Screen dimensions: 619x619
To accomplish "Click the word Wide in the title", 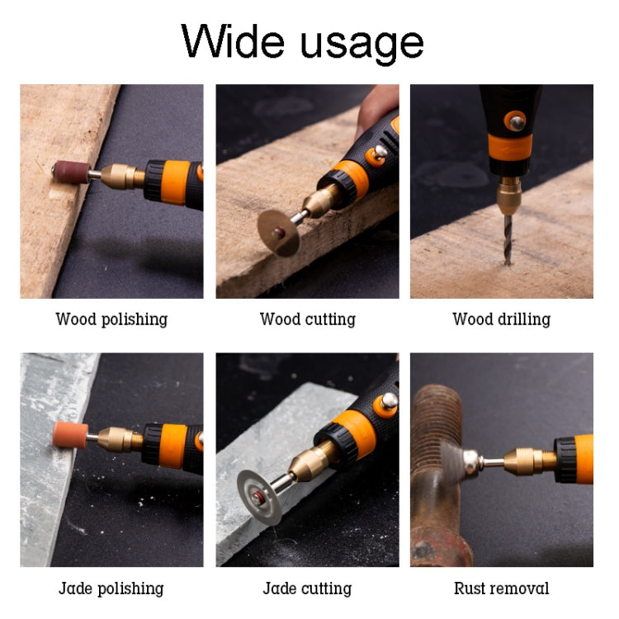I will [234, 40].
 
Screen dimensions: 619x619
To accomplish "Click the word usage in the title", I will [362, 43].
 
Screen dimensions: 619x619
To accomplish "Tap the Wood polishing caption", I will [111, 319].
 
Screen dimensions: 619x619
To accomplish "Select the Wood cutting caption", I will [307, 319].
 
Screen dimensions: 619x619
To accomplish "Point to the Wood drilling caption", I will [501, 319].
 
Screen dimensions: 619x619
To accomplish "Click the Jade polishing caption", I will [111, 588].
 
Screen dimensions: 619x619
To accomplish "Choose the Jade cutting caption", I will [307, 588].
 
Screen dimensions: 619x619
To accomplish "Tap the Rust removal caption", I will [501, 588].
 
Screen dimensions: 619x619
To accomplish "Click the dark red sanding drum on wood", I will [69, 172].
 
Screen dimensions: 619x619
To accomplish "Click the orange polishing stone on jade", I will [70, 435].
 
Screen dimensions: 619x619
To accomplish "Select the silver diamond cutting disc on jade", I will [258, 495].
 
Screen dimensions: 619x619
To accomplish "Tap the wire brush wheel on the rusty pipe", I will [452, 459].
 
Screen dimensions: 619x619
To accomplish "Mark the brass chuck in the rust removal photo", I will [528, 460].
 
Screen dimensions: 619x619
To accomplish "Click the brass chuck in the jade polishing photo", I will [119, 438].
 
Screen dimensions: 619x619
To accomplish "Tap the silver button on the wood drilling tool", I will [517, 122].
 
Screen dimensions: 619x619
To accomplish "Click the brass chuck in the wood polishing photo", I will [122, 177].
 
